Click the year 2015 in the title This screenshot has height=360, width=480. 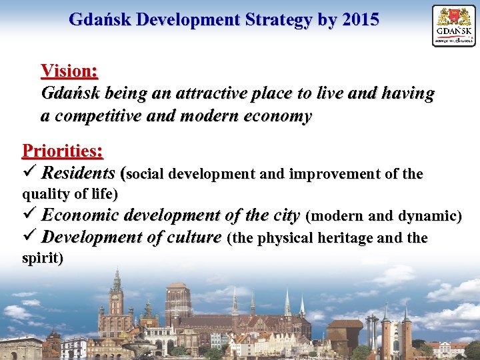(x=359, y=19)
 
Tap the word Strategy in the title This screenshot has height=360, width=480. (x=279, y=19)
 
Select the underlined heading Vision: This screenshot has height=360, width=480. (x=69, y=70)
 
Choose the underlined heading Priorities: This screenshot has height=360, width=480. (x=63, y=151)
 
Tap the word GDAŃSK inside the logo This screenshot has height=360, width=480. (x=454, y=31)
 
